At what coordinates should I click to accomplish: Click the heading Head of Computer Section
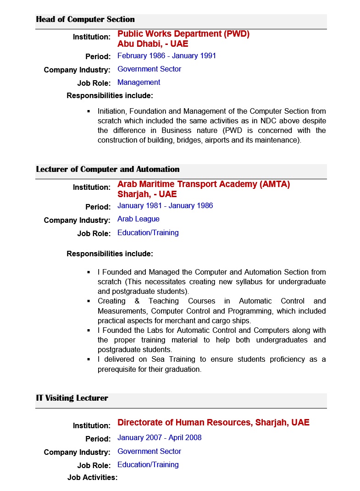pyautogui.click(x=85, y=19)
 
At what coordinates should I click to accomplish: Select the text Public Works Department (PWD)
pyautogui.click(x=183, y=34)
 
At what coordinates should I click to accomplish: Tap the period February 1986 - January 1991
pyautogui.click(x=166, y=55)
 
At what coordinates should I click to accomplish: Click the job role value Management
pyautogui.click(x=138, y=83)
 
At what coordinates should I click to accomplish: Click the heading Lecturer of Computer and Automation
pyautogui.click(x=108, y=169)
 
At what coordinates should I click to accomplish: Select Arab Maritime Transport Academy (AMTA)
pyautogui.click(x=204, y=184)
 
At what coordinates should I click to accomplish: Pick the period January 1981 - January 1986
pyautogui.click(x=165, y=205)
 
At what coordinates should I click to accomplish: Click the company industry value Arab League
pyautogui.click(x=138, y=219)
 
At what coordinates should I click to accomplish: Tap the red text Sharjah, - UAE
pyautogui.click(x=147, y=194)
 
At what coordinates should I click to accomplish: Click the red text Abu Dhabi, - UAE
pyautogui.click(x=153, y=44)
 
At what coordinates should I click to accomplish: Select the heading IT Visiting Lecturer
pyautogui.click(x=72, y=398)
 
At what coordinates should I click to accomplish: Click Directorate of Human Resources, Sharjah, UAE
pyautogui.click(x=213, y=422)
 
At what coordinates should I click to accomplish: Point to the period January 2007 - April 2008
pyautogui.click(x=160, y=437)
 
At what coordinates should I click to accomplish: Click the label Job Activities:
pyautogui.click(x=92, y=477)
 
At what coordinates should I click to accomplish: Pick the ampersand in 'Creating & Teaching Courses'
pyautogui.click(x=137, y=301)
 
